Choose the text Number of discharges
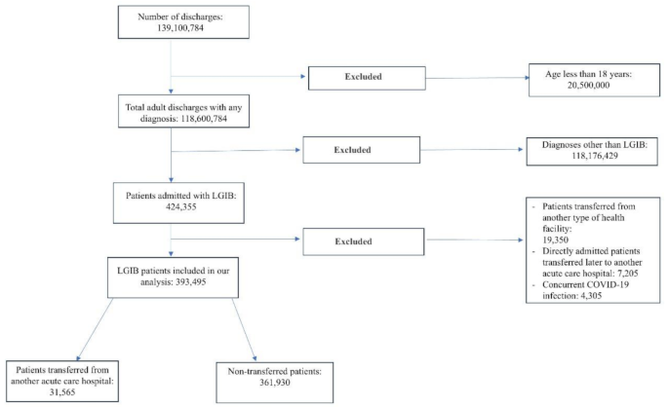171,18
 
